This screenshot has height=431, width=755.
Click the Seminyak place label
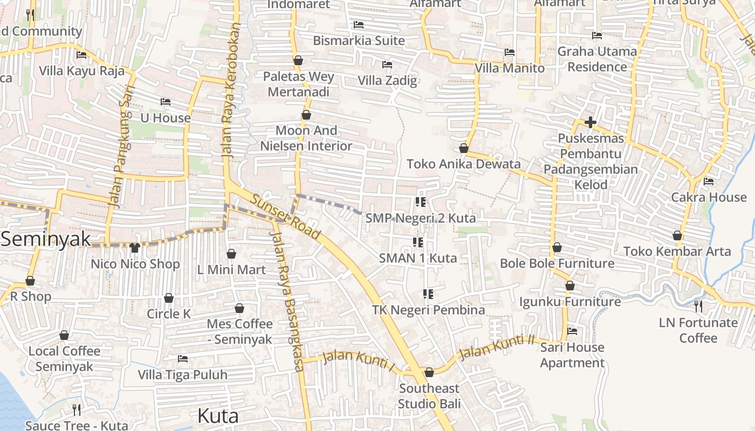point(45,239)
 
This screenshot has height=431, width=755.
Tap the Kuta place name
point(218,416)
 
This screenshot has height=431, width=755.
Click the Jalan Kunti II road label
point(496,347)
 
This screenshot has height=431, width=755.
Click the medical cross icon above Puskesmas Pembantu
point(591,123)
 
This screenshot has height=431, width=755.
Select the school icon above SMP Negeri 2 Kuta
point(421,202)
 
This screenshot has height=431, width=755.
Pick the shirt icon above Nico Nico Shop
point(135,248)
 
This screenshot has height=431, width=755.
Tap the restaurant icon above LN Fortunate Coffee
point(698,307)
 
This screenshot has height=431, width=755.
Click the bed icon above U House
point(166,102)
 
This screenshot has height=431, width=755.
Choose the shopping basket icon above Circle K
point(169,298)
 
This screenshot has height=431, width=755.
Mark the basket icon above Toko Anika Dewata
point(464,148)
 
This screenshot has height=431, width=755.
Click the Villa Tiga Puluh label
point(183,374)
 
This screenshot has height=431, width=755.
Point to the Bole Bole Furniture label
point(557,263)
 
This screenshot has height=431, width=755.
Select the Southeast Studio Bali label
point(429,396)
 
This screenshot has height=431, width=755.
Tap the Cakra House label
point(709,197)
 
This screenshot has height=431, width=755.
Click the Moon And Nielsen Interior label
point(306,138)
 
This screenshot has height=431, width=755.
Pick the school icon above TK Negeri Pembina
point(428,294)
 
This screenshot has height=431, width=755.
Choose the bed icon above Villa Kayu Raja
point(81,55)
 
